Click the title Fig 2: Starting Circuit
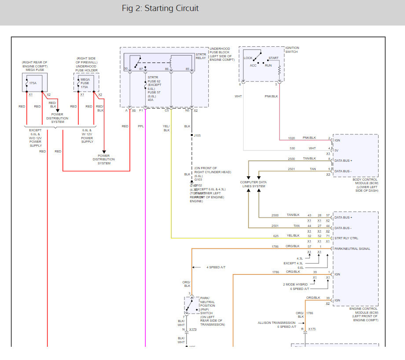click(160, 8)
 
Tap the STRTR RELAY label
click(200, 56)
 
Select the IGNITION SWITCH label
click(292, 50)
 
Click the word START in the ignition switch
click(273, 58)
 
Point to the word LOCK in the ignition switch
click(248, 58)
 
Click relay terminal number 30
click(126, 69)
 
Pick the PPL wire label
click(140, 126)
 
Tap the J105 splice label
click(198, 135)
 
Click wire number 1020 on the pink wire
click(291, 138)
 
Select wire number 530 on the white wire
click(292, 148)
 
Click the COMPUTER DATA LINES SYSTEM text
click(253, 184)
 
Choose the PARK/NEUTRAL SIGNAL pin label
click(352, 249)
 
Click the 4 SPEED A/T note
click(216, 267)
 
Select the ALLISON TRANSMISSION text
click(276, 323)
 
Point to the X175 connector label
click(312, 329)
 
